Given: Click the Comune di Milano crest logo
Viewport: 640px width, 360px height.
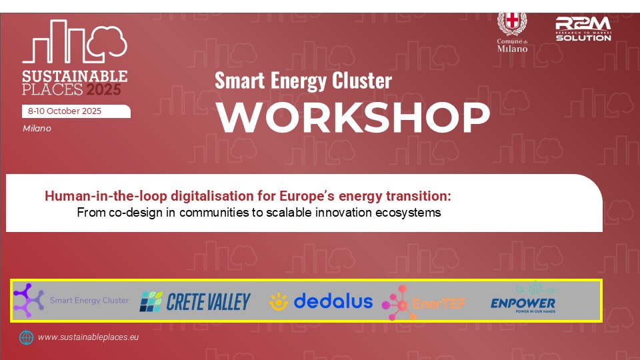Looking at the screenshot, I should pos(512,25).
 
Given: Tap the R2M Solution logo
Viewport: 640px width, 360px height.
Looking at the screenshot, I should pos(583,29).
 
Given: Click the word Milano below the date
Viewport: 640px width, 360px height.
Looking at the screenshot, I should pos(37,128).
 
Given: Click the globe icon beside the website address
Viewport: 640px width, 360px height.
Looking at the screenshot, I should pos(26,337).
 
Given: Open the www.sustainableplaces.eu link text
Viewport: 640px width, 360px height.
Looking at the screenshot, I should pos(88,337).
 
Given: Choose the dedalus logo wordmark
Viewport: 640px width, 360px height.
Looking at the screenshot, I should pos(333,301).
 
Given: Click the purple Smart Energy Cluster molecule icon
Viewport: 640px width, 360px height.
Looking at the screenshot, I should pos(29,299).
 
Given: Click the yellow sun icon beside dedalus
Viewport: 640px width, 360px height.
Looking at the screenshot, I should pos(278,302).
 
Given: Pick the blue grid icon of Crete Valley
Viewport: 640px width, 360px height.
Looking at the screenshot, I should pos(151,302).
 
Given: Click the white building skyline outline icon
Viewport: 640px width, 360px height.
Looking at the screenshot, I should pos(73,43).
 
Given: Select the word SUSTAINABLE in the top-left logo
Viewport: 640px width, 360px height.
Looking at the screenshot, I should pos(75,75).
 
